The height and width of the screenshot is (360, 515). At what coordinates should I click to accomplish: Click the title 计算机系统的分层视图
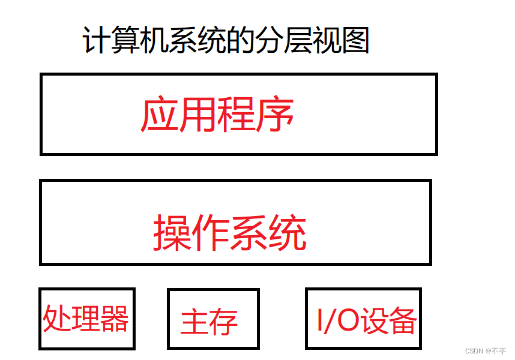(226, 41)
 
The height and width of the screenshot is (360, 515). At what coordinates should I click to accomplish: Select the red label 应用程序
(217, 115)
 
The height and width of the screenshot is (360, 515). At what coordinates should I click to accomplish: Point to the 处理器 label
(86, 319)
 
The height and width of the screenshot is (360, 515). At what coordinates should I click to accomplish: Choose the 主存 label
(209, 322)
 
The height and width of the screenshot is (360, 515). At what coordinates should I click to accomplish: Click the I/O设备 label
(366, 321)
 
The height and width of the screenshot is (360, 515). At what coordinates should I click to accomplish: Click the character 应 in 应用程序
(159, 115)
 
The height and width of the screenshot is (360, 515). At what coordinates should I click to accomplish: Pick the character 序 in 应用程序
(276, 115)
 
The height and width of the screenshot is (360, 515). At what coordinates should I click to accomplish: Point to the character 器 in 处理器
(114, 319)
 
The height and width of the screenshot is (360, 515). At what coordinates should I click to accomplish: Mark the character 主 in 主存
(194, 322)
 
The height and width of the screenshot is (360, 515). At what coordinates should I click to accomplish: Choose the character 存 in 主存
(223, 322)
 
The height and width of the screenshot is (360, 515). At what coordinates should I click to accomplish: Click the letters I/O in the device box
(337, 321)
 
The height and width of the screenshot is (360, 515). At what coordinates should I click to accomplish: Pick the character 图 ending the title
(355, 41)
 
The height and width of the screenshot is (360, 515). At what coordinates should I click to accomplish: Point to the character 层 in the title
(298, 41)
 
